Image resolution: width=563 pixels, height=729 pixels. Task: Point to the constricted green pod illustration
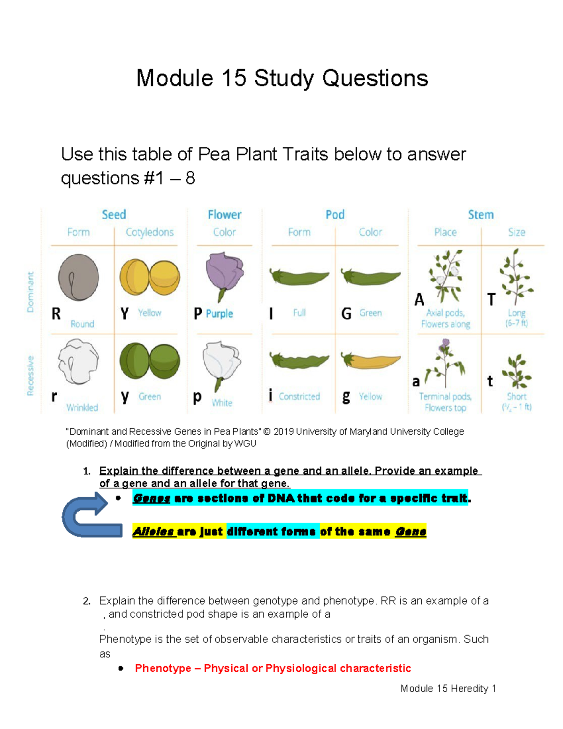coord(299,361)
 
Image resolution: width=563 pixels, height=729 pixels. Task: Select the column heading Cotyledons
coord(150,232)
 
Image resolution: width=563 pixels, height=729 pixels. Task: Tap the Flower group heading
coord(224,215)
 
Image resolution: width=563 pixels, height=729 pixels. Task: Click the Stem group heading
coord(480,215)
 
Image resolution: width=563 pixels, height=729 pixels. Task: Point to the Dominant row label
coord(30,292)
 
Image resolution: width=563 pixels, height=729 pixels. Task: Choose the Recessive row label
coord(30,376)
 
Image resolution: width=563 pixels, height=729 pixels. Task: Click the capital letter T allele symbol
coord(491,299)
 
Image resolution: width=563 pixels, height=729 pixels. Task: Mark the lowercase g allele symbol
coord(346,397)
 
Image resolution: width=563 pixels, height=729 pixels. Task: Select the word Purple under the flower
coord(220,314)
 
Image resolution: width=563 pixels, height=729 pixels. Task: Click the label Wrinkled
coord(82,407)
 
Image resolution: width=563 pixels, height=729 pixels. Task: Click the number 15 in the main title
coord(234,78)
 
